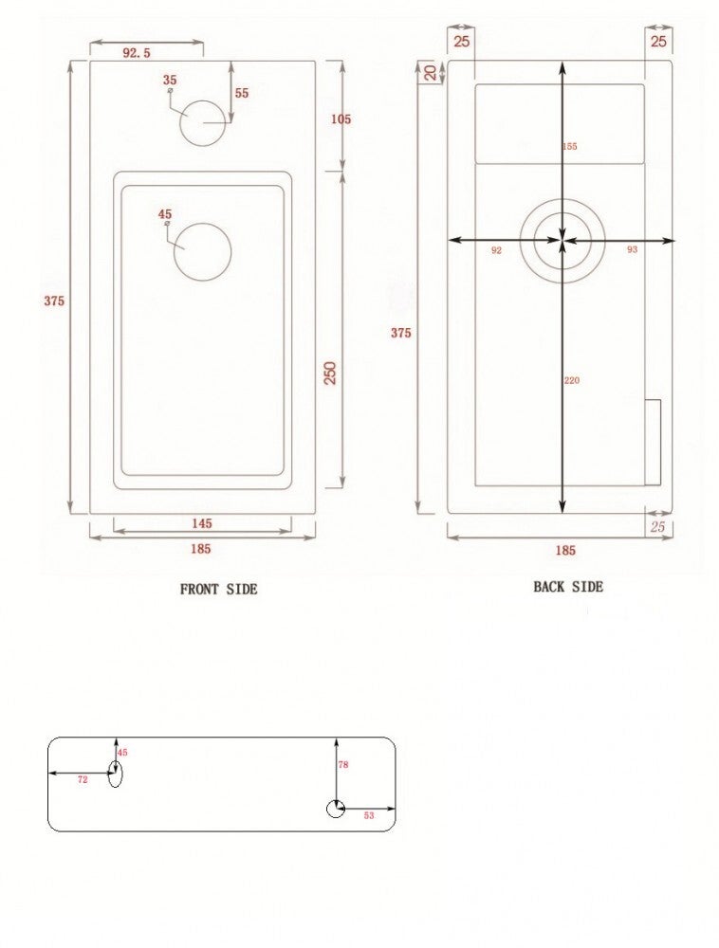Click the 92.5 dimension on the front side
click(136, 53)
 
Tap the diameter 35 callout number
click(170, 80)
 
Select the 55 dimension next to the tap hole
click(242, 93)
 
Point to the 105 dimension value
click(341, 119)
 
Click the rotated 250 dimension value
click(330, 373)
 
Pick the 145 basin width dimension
click(201, 523)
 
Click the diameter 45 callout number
click(165, 214)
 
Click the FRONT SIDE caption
click(218, 589)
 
